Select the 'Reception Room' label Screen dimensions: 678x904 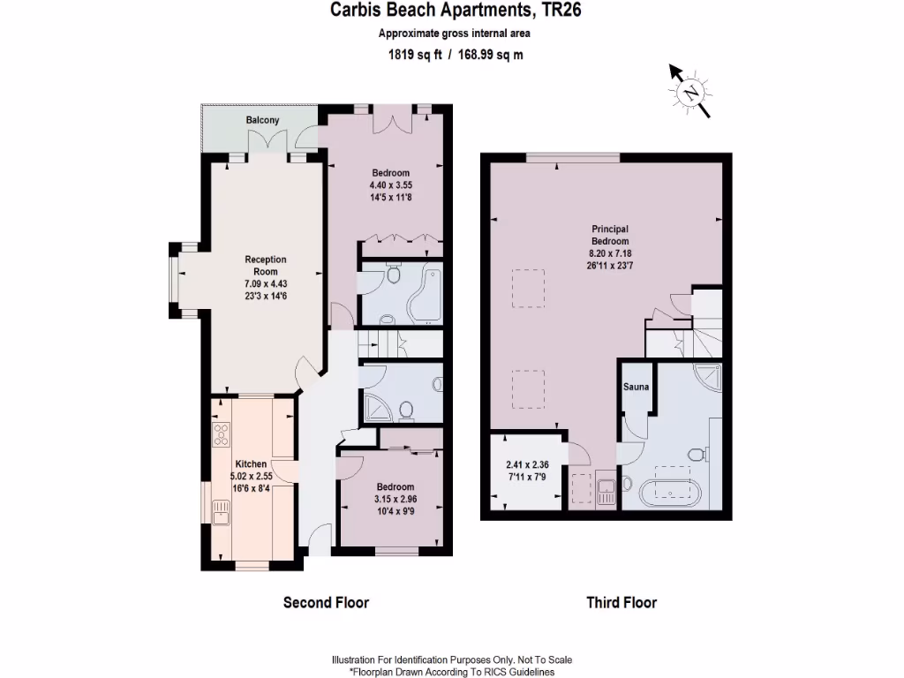coord(266,266)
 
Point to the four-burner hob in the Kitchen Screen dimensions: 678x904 coord(222,434)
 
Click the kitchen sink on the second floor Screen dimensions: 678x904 coord(221,511)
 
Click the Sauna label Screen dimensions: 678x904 coord(637,387)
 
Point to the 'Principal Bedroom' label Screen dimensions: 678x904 coord(610,235)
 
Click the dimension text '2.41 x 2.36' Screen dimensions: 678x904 coord(527,465)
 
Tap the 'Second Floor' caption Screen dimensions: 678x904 coord(325,603)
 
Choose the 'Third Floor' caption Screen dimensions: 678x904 coord(621,603)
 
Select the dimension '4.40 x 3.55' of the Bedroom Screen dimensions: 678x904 coord(390,185)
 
